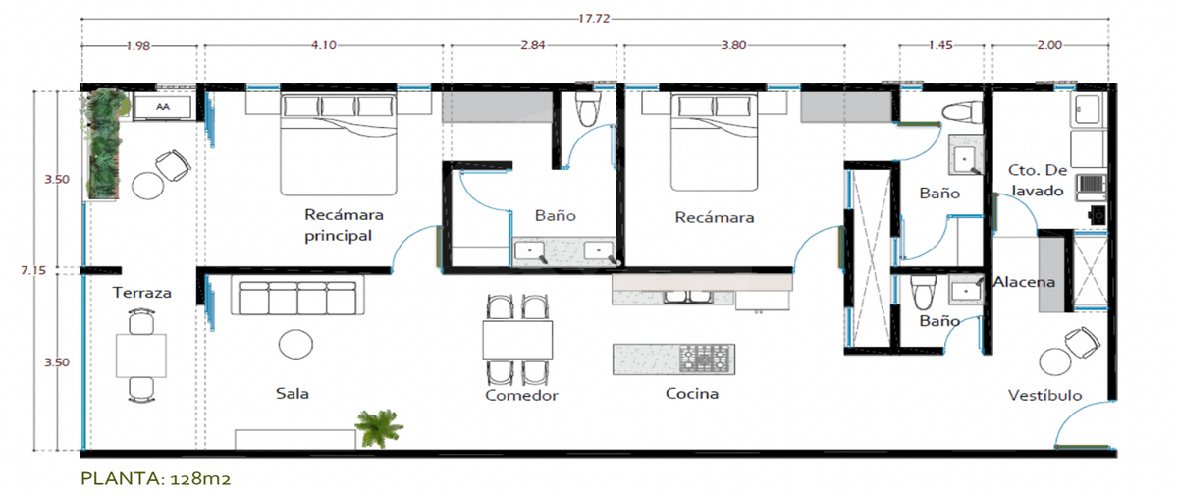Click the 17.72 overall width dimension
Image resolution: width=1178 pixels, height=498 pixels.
(x=594, y=19)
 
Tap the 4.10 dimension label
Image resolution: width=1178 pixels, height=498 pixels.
(x=323, y=45)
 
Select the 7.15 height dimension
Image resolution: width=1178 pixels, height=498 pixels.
(x=33, y=270)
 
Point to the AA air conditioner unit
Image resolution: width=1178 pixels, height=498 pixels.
(x=163, y=107)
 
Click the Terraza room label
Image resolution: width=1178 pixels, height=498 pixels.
(x=142, y=293)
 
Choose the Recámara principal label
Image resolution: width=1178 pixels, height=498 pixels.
(x=344, y=225)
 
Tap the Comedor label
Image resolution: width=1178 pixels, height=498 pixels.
(x=521, y=395)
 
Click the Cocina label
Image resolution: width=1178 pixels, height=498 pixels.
(x=691, y=393)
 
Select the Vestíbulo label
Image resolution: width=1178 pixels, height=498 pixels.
(x=1044, y=395)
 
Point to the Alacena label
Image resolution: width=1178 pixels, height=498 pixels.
(x=1024, y=282)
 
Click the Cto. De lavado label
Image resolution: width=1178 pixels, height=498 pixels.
(x=1038, y=180)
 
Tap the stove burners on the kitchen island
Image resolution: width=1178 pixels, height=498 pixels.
(x=706, y=360)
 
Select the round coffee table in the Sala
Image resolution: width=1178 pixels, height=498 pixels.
(x=295, y=345)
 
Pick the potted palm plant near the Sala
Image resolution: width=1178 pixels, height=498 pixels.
(x=379, y=427)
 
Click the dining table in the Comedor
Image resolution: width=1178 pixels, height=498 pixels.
(x=517, y=340)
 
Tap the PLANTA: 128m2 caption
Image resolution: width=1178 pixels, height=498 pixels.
(x=156, y=478)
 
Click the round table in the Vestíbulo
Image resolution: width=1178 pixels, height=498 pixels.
(x=1055, y=362)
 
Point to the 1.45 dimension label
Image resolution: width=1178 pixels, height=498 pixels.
(x=940, y=45)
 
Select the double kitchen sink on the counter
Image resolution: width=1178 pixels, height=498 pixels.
(x=688, y=297)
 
